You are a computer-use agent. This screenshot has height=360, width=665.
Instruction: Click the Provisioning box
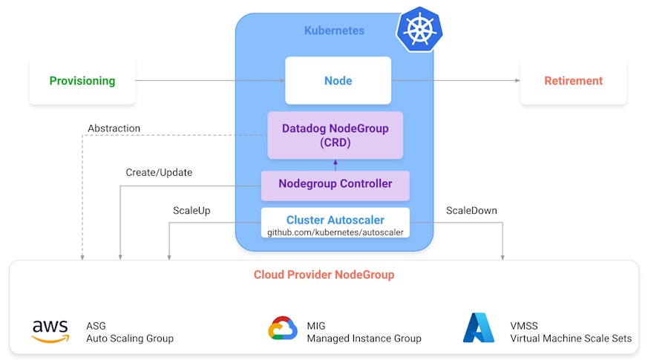pyautogui.click(x=82, y=81)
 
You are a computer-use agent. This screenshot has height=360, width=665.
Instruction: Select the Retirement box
pyautogui.click(x=573, y=81)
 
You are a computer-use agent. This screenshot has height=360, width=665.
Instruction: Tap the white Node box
pyautogui.click(x=338, y=80)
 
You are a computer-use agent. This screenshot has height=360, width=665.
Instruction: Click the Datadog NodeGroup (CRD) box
pyautogui.click(x=335, y=135)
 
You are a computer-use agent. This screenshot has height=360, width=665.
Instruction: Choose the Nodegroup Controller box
pyautogui.click(x=335, y=184)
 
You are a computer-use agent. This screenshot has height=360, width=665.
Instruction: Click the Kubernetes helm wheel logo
pyautogui.click(x=419, y=30)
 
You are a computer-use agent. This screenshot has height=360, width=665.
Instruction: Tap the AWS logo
pyautogui.click(x=50, y=331)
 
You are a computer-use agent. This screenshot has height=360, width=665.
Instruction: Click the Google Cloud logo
pyautogui.click(x=283, y=329)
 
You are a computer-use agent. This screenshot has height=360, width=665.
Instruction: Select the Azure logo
pyautogui.click(x=479, y=327)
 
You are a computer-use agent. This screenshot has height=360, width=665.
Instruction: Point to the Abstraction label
pyautogui.click(x=114, y=128)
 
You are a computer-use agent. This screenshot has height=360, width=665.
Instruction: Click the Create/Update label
pyautogui.click(x=159, y=172)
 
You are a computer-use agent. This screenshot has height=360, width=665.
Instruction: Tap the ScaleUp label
pyautogui.click(x=191, y=210)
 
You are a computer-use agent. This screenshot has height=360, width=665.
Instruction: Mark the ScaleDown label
pyautogui.click(x=471, y=210)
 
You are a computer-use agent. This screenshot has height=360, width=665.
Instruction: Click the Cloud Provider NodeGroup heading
pyautogui.click(x=324, y=275)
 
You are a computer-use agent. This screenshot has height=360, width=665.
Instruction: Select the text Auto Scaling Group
pyautogui.click(x=129, y=338)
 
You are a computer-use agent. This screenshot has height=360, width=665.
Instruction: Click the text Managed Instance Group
pyautogui.click(x=364, y=338)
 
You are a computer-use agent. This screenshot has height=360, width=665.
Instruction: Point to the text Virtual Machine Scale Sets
pyautogui.click(x=571, y=338)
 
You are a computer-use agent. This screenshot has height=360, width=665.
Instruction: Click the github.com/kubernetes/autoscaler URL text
pyautogui.click(x=335, y=232)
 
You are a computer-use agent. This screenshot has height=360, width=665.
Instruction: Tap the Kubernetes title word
pyautogui.click(x=334, y=30)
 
